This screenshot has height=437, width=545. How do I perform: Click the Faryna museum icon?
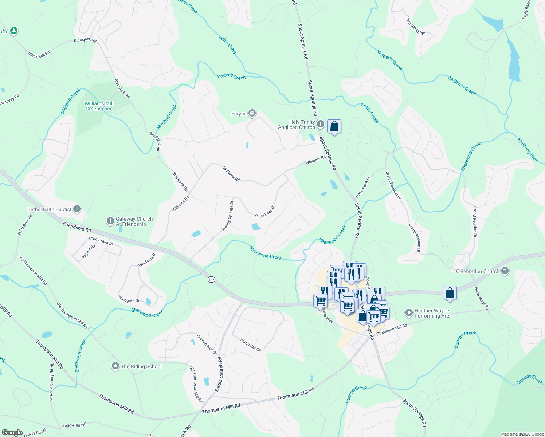tap(252, 114)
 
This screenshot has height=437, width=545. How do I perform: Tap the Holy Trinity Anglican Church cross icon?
tap(321, 125)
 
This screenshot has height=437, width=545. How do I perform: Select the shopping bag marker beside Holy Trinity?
tap(334, 127)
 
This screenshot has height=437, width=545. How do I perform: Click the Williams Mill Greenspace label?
tap(99, 106)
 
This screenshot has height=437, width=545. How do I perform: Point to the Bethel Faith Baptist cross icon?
tap(77, 209)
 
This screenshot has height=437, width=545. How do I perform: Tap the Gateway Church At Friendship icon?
tap(110, 221)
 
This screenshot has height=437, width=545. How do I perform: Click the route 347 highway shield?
tap(211, 279)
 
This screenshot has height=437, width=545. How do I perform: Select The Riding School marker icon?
tap(115, 366)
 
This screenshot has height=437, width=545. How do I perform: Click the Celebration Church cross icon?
tap(505, 271)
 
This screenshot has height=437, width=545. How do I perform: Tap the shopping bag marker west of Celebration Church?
tap(450, 293)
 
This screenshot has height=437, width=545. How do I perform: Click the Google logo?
tap(12, 433)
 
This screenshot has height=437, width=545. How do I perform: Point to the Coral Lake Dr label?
tap(265, 212)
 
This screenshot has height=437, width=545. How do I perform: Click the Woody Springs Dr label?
tap(228, 216)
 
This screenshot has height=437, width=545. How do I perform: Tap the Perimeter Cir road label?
tap(251, 345)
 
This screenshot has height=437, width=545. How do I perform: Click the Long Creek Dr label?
tap(101, 241)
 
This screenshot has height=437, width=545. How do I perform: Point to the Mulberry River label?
tap(528, 150)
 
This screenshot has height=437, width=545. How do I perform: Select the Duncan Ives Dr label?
tap(207, 345)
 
